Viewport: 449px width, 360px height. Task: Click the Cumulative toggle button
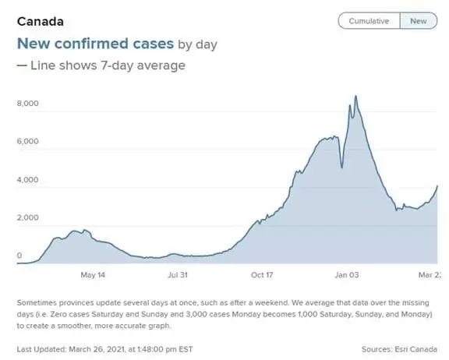click(x=369, y=21)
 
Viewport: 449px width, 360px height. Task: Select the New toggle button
click(x=419, y=21)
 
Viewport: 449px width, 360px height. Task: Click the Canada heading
click(x=41, y=22)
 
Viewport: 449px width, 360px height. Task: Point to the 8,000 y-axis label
click(x=27, y=104)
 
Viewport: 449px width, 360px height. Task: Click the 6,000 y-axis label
click(x=27, y=141)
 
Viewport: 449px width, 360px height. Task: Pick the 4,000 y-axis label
click(x=27, y=180)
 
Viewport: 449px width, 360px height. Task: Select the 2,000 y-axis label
click(x=27, y=217)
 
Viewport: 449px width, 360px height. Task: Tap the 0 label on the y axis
click(x=19, y=256)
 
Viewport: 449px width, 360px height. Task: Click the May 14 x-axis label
click(x=93, y=275)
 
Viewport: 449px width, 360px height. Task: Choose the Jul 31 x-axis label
click(x=178, y=275)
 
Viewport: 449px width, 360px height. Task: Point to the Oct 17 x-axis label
click(x=262, y=275)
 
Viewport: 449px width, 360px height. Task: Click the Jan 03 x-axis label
click(x=347, y=275)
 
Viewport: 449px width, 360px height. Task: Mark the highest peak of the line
click(x=356, y=96)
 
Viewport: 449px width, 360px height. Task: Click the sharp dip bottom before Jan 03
click(x=342, y=168)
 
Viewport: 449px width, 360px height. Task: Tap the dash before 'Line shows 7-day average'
click(x=22, y=65)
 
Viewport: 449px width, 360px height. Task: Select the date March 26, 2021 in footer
click(x=97, y=349)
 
